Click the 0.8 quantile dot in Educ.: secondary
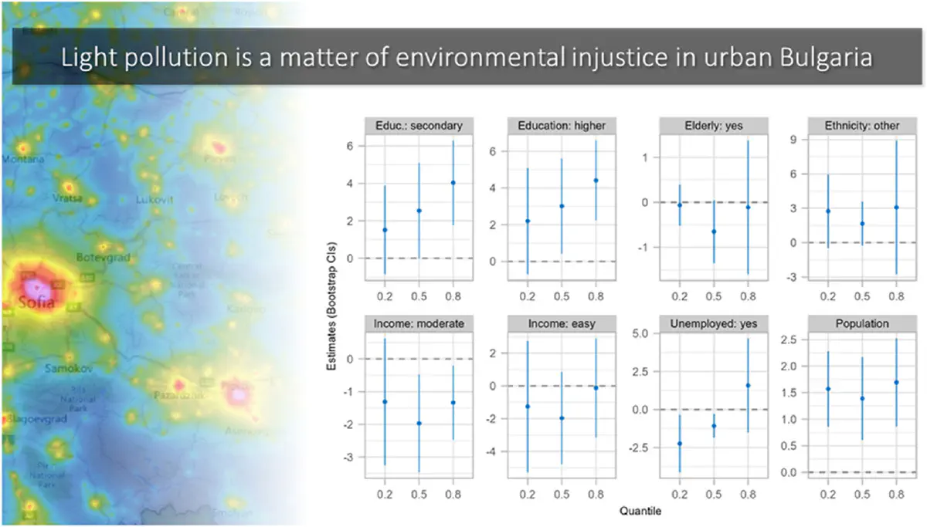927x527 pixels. [453, 183]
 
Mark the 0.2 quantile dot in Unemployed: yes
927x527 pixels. [679, 444]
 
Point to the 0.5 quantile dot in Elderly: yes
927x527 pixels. [714, 231]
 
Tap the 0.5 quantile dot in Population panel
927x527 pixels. [862, 398]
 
